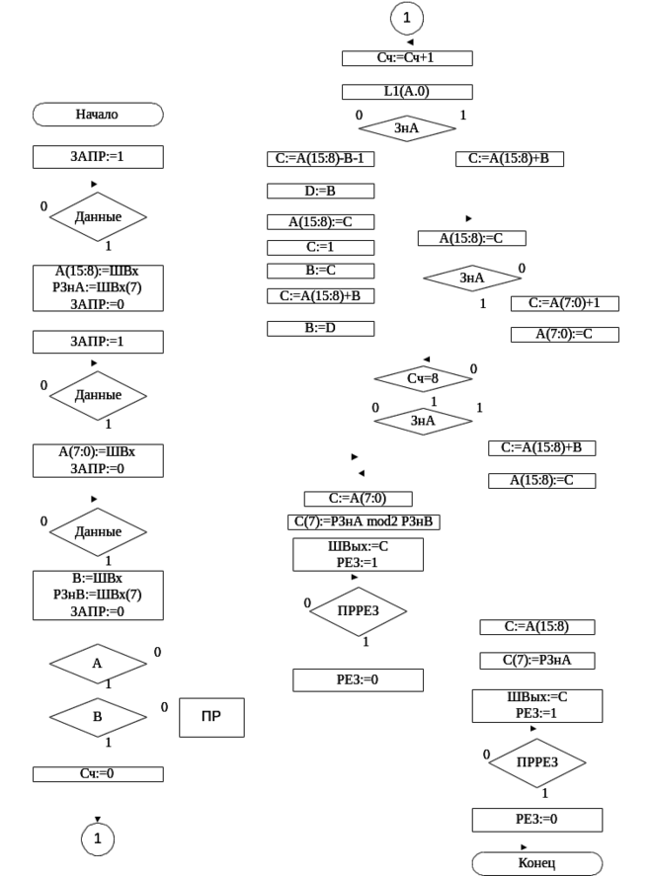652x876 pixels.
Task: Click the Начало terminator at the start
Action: tap(98, 116)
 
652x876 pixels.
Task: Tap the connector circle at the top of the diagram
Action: tap(408, 18)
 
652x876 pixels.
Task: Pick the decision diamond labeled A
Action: tap(98, 665)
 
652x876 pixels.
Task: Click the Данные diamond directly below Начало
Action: tap(98, 216)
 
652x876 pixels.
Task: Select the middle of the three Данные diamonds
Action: tap(98, 396)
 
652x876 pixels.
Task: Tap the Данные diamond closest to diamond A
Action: tap(98, 531)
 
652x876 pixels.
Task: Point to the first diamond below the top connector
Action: tap(408, 128)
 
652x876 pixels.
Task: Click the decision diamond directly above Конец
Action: tap(537, 762)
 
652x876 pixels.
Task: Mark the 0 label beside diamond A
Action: tap(156, 652)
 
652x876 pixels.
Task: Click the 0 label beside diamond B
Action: tap(165, 706)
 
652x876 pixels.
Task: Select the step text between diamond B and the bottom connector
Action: tap(97, 773)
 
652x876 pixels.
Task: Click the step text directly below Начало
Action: tap(98, 157)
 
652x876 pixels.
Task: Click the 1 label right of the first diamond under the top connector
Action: tap(464, 117)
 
